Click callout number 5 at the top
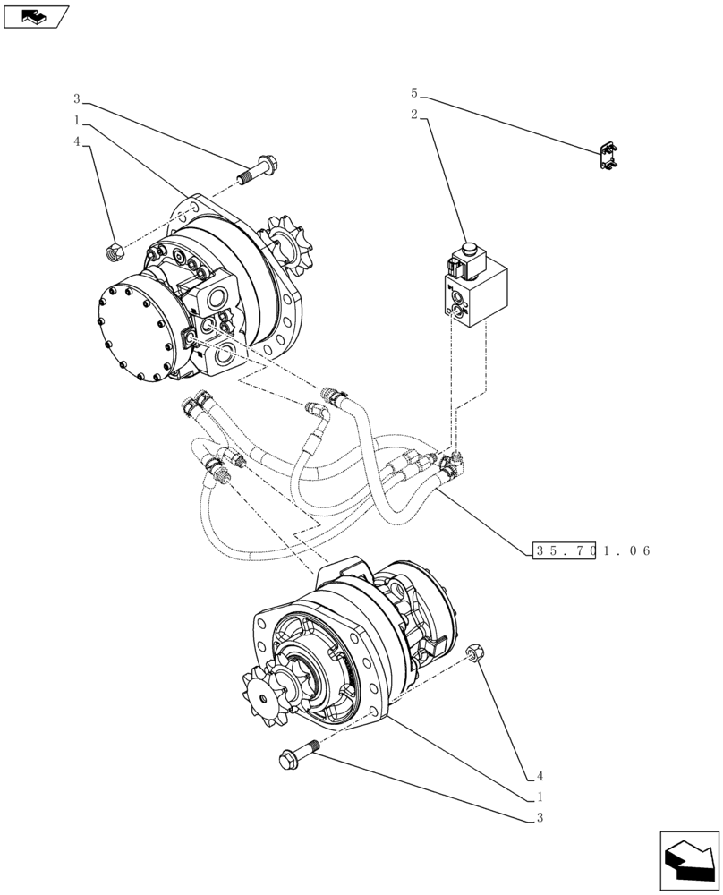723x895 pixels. pyautogui.click(x=413, y=93)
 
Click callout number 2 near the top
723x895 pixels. pyautogui.click(x=414, y=115)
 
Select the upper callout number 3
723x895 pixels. pyautogui.click(x=77, y=98)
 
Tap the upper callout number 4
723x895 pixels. pyautogui.click(x=77, y=142)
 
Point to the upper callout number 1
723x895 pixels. pyautogui.click(x=77, y=120)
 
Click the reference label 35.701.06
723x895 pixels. pyautogui.click(x=591, y=551)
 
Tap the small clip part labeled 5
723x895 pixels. pyautogui.click(x=610, y=156)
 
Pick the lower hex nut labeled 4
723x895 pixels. pyautogui.click(x=475, y=653)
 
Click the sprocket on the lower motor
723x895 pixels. pyautogui.click(x=268, y=695)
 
